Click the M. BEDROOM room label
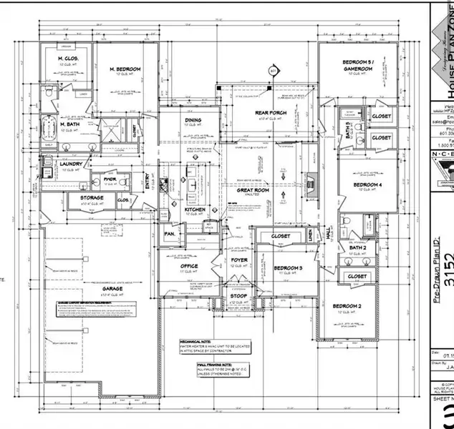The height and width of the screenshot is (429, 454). pos(125,69)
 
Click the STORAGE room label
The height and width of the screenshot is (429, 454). pos(91,197)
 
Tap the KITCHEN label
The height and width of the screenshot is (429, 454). pos(195,209)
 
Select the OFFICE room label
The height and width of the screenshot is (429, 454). pos(189,265)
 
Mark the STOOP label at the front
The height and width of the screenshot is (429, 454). pos(238,295)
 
